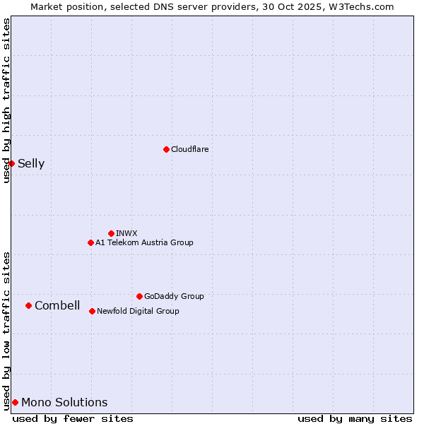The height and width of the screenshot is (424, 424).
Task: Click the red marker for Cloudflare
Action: coord(166,149)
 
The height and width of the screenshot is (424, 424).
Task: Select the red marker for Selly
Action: coord(11,163)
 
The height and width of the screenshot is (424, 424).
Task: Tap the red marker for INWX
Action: coord(111,233)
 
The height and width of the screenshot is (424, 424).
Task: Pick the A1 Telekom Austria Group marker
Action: coord(90,242)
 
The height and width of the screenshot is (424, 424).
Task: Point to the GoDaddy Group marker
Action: coord(139,296)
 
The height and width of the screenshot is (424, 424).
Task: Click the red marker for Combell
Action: coord(28,305)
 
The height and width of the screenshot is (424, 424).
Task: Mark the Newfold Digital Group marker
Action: coord(92,311)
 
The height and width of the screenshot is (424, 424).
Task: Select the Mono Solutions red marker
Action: coord(15,402)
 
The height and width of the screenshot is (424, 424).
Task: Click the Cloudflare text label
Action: coord(190,149)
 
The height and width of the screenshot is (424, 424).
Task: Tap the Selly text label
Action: coord(31,163)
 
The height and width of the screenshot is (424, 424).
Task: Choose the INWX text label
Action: coord(126,233)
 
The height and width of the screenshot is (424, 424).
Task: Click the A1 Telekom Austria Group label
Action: coord(144,242)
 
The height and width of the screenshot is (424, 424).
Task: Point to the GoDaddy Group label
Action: coord(174,296)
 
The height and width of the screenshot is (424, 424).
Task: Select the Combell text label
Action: coord(57,305)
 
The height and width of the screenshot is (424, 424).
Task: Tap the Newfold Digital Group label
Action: coord(138,311)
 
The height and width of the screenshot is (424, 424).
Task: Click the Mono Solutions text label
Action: coord(64,402)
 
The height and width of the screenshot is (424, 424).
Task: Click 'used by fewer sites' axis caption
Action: coord(73,418)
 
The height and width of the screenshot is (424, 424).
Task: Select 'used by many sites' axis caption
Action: coord(355,418)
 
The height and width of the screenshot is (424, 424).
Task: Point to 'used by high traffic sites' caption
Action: coord(6,100)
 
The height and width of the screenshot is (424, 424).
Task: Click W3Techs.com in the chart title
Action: coord(363,6)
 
